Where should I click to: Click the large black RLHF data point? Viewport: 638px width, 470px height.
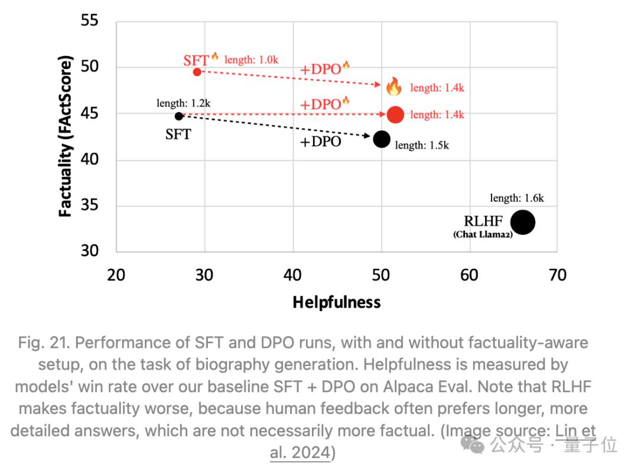(x=523, y=223)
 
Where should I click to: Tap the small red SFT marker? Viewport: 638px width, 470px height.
(x=197, y=72)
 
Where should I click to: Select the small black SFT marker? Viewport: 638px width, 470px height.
(x=179, y=116)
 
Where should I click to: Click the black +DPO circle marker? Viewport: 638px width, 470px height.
(x=382, y=139)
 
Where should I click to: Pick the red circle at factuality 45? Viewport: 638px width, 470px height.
(x=395, y=115)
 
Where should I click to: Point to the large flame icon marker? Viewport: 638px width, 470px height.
(x=394, y=87)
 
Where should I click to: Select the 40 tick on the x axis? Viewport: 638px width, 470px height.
(x=293, y=275)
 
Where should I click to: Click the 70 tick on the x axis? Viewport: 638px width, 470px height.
(x=557, y=275)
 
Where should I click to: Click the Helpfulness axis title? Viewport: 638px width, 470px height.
(x=337, y=303)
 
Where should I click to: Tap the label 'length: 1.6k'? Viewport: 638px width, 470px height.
(x=517, y=198)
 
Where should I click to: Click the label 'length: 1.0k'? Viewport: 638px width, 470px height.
(x=252, y=60)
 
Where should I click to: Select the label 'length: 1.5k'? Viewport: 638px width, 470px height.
(x=422, y=145)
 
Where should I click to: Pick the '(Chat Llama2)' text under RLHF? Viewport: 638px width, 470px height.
(x=483, y=234)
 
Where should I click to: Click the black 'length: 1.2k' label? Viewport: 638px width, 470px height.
(x=184, y=103)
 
